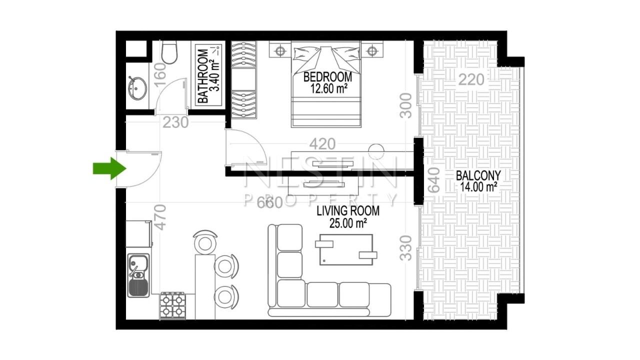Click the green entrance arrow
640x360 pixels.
[109, 168]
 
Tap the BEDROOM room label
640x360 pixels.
[327, 77]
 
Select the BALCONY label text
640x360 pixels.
[478, 175]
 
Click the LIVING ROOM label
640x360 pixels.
[348, 211]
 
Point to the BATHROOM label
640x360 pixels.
[203, 76]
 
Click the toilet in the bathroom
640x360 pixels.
[169, 52]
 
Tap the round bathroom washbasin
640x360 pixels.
[137, 88]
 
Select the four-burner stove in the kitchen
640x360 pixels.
[173, 305]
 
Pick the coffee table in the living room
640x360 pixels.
[346, 249]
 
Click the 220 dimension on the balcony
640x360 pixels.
[471, 79]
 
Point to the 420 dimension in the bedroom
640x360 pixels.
[322, 144]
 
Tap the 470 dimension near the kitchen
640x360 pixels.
[160, 217]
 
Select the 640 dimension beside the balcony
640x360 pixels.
[433, 180]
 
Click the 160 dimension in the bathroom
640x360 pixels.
[160, 75]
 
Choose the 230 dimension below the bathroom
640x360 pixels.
[175, 122]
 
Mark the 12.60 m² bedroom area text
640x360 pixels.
[328, 89]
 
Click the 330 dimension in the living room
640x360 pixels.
[405, 248]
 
